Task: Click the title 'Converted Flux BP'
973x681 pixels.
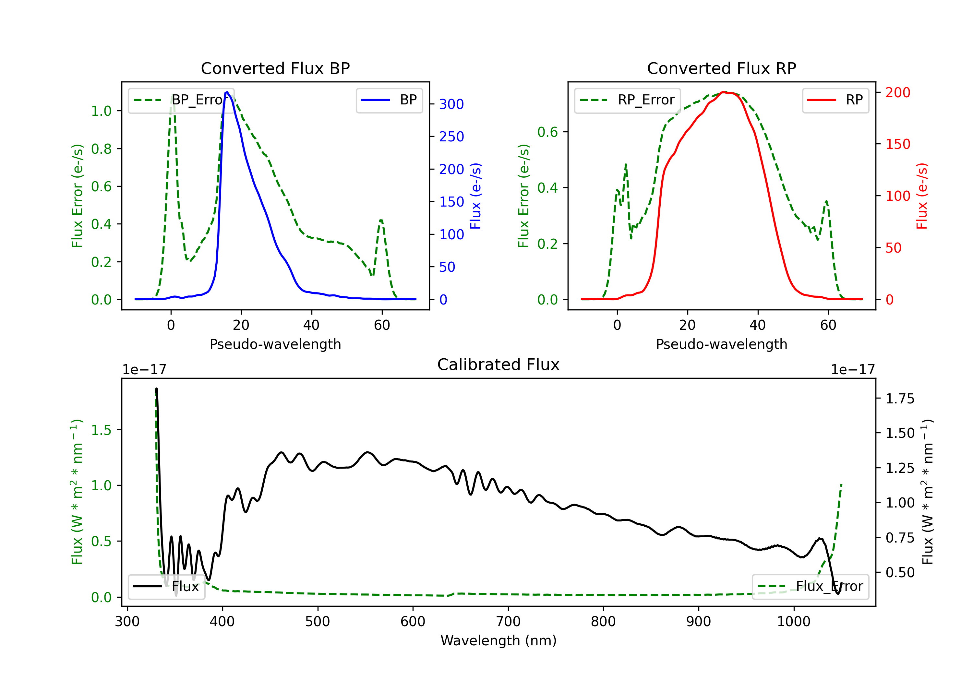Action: (x=275, y=68)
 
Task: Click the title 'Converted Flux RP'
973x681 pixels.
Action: (x=721, y=68)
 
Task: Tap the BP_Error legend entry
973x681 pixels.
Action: (x=181, y=100)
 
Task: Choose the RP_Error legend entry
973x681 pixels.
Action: (x=627, y=100)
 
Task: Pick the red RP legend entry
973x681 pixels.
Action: (x=835, y=100)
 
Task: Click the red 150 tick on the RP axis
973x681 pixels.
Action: (x=897, y=144)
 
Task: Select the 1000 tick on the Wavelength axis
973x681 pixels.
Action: (x=793, y=622)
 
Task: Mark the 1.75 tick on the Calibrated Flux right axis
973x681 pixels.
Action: (x=900, y=399)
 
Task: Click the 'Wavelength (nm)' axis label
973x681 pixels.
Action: (x=499, y=640)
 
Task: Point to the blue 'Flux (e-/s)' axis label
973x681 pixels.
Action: (x=475, y=196)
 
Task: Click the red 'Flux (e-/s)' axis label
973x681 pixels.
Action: (x=922, y=196)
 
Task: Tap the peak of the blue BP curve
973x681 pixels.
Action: (x=227, y=92)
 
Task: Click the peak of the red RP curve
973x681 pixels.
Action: (x=724, y=92)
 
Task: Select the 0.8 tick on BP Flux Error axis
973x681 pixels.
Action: (x=101, y=149)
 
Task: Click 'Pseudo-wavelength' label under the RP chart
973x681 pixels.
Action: (x=721, y=344)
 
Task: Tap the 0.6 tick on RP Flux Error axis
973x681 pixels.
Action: (x=547, y=132)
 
